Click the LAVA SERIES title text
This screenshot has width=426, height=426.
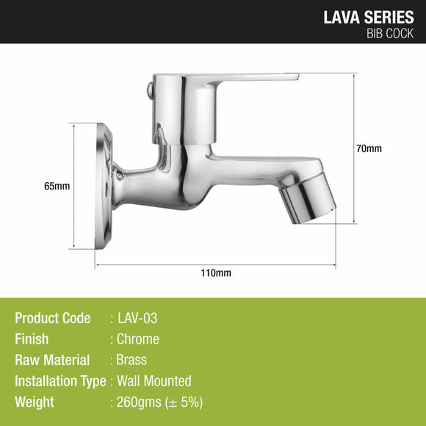click(x=369, y=17)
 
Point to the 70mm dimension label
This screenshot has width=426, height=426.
click(x=369, y=149)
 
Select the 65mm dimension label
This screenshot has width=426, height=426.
click(x=57, y=186)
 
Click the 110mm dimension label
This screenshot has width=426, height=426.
click(x=216, y=273)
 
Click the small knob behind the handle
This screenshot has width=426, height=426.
click(x=150, y=90)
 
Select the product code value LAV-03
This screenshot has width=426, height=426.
click(x=138, y=318)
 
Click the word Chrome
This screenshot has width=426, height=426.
click(x=138, y=339)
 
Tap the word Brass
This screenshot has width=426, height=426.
click(x=132, y=360)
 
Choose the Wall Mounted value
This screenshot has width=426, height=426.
click(x=154, y=380)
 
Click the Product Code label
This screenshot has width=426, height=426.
click(x=53, y=318)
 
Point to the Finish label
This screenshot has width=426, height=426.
click(x=32, y=339)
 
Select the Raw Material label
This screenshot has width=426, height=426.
click(x=52, y=360)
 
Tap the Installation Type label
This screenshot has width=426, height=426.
click(x=60, y=380)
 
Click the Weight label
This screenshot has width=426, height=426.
click(x=35, y=402)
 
